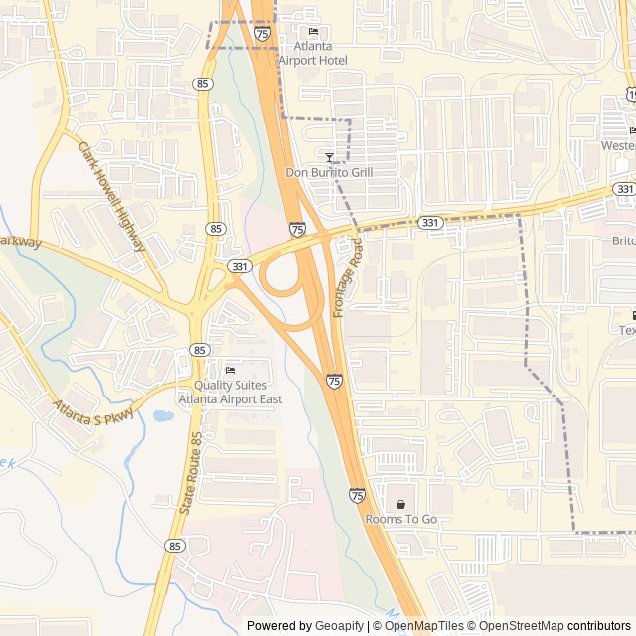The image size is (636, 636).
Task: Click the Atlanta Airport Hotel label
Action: [x=313, y=53]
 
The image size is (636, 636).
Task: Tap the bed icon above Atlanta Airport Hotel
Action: [x=313, y=32]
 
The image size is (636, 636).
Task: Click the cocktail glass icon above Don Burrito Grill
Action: [x=329, y=157]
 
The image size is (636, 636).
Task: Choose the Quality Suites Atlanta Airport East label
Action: [x=230, y=392]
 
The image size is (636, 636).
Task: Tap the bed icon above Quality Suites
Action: [x=230, y=371]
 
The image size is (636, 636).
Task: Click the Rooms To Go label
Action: [x=400, y=519]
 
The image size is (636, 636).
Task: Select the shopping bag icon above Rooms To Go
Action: [x=400, y=504]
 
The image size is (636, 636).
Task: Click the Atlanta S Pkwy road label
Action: [x=92, y=410]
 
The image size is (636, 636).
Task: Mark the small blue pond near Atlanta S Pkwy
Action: [x=162, y=415]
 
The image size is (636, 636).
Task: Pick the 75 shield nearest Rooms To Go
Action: [x=356, y=495]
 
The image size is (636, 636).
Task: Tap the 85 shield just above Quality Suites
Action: [x=200, y=350]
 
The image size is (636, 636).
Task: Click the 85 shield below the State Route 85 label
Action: [x=175, y=546]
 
